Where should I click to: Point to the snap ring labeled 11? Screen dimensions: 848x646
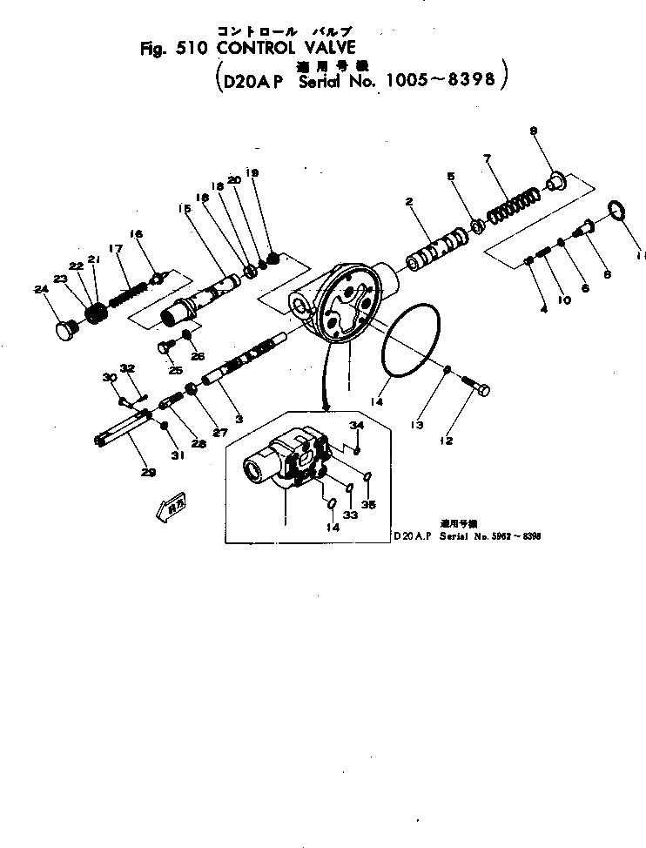pos(616,211)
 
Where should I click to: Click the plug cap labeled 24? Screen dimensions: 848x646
pos(67,330)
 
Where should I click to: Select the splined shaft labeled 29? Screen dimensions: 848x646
pos(122,431)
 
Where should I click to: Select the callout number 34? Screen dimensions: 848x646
pos(355,425)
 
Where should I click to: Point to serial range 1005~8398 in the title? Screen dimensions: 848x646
pos(439,81)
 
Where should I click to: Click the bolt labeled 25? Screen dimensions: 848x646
pos(162,348)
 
